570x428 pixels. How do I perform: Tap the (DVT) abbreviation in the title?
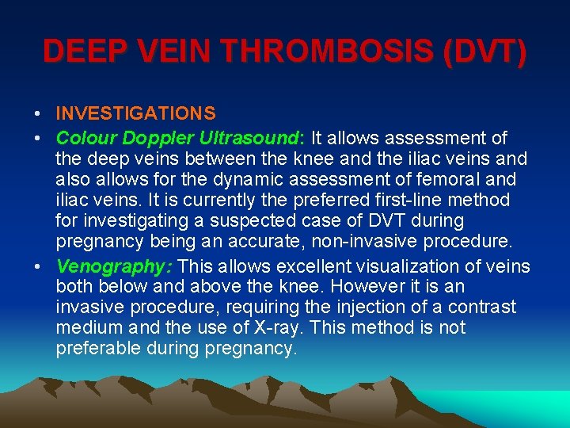[484, 52]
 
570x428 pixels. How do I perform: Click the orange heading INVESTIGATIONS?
[135, 116]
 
